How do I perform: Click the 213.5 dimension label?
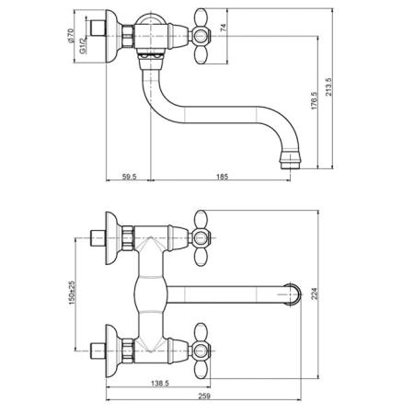coord(328,86)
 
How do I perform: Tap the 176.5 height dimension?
coord(314,100)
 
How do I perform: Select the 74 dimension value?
coord(224,28)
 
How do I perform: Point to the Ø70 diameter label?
coord(70,36)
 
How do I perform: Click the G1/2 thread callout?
coord(83,46)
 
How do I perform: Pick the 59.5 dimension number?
coord(130,177)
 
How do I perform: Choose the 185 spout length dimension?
coord(222,177)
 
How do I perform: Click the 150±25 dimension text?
coord(72,293)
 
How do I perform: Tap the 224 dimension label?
coord(314,293)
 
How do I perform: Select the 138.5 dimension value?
coord(160,383)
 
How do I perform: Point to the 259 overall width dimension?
coord(204,396)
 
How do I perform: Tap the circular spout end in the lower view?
coord(293,294)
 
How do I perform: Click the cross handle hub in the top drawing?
coord(201,36)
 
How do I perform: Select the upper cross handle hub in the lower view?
coord(201,238)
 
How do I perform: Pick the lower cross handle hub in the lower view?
coord(201,351)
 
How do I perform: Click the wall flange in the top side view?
coord(111,36)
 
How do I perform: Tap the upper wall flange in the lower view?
coord(111,238)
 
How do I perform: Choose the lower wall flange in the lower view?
coord(111,351)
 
